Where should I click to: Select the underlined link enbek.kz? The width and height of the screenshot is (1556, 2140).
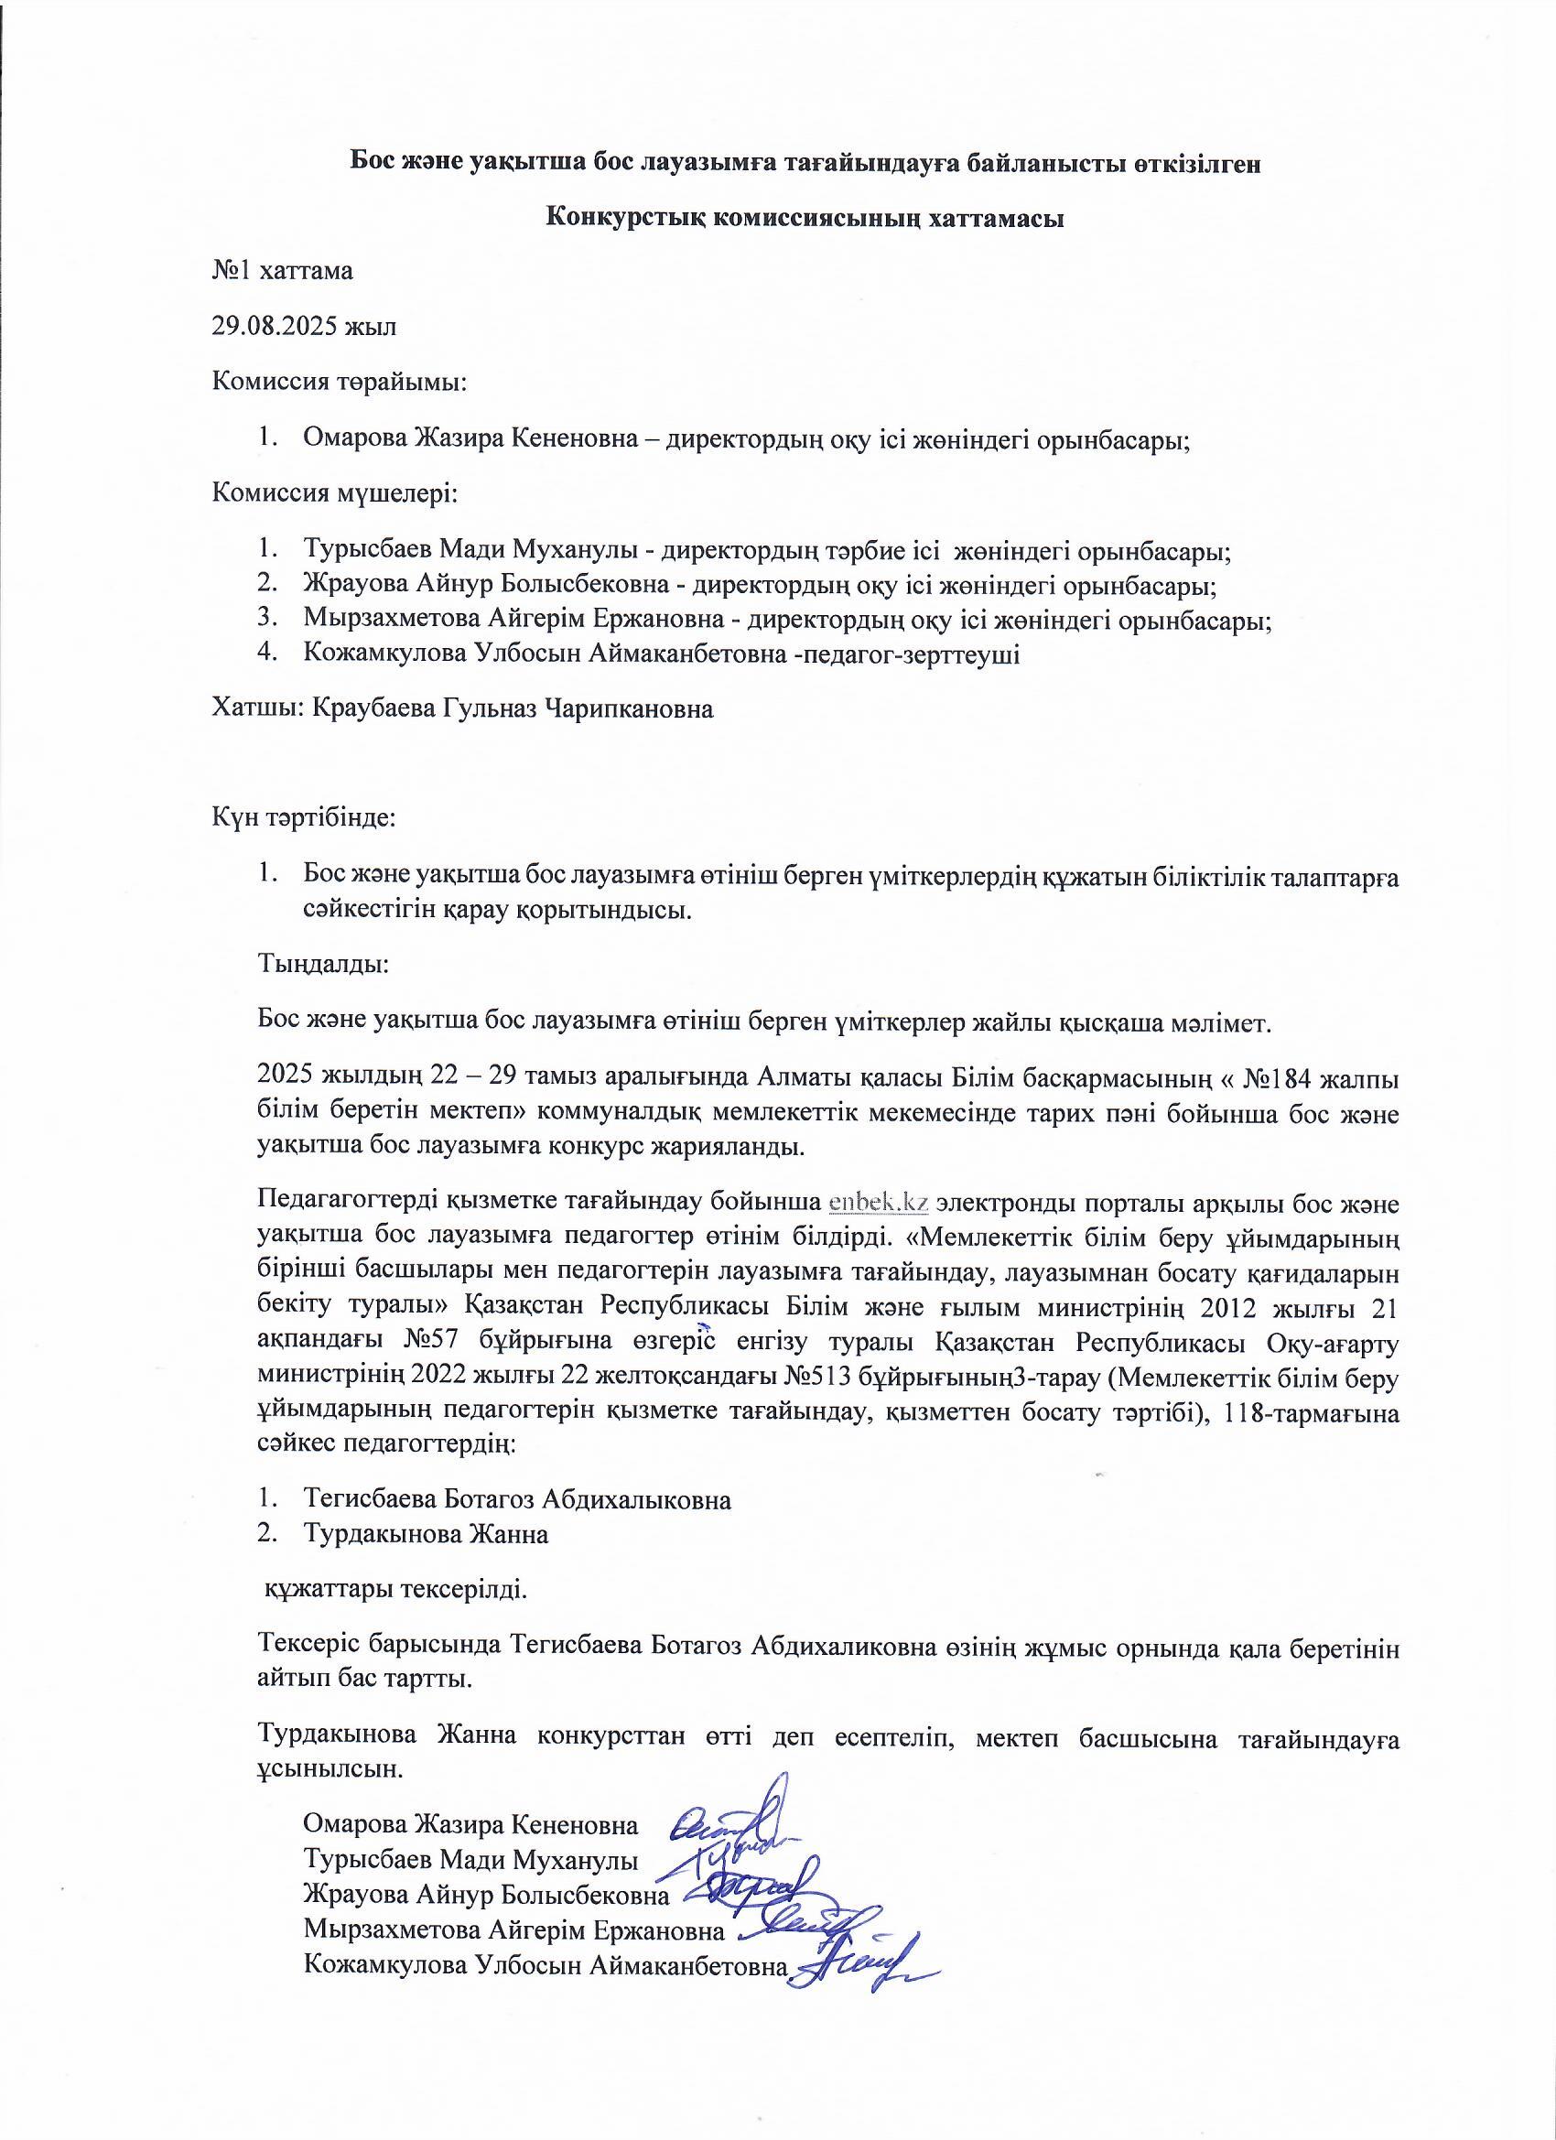879,1203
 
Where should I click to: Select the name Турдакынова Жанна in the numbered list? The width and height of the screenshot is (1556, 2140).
426,1533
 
